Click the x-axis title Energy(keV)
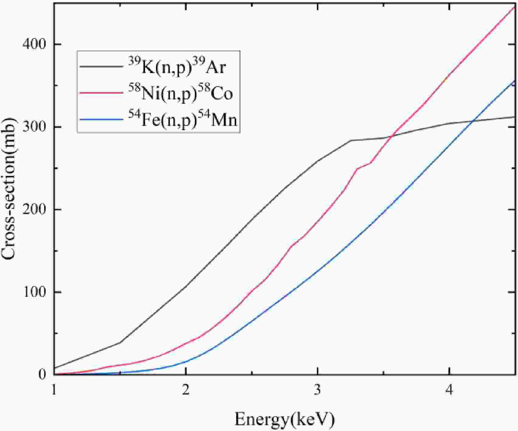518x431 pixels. [x=285, y=420]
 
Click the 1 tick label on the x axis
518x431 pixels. [x=54, y=390]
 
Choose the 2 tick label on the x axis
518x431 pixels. [x=186, y=390]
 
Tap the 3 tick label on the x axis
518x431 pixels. [x=317, y=390]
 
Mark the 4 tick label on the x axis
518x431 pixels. [x=449, y=390]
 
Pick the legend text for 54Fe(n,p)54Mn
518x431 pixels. [x=182, y=120]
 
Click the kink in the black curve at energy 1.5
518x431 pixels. [x=120, y=342]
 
